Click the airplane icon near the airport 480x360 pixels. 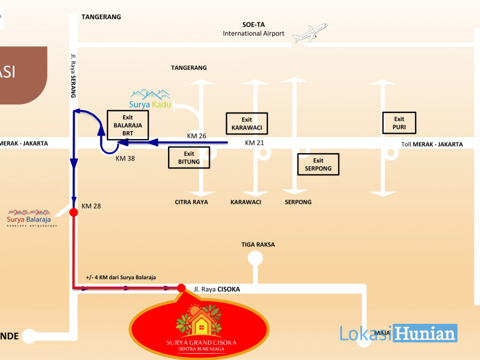310,34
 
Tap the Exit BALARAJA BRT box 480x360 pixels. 127,125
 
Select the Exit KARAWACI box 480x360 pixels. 246,124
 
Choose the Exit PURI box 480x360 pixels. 399,123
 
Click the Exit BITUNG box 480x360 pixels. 189,158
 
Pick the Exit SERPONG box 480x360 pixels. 318,164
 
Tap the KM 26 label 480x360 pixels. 196,136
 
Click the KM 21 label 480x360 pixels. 254,143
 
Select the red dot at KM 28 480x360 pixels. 74,212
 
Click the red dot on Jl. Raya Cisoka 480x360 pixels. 181,289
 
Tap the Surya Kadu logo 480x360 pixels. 150,99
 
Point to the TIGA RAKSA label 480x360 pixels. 258,245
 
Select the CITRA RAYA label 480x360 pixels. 191,202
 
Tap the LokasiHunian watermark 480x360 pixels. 398,333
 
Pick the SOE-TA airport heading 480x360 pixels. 254,25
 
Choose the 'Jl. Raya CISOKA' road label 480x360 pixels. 217,289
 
